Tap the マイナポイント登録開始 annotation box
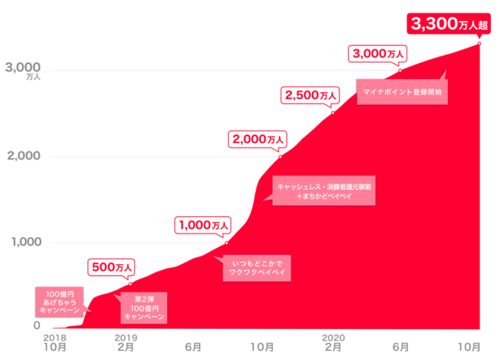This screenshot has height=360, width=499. (402, 92)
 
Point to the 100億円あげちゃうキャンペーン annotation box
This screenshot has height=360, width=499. (59, 300)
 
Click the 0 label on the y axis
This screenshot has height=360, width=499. (37, 325)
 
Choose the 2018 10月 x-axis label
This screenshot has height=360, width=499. (55, 342)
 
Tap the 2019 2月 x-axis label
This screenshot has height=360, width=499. (125, 342)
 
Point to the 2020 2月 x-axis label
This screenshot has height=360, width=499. (333, 342)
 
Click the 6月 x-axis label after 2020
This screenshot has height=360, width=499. (401, 346)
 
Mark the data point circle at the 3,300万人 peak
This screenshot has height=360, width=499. (480, 43)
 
